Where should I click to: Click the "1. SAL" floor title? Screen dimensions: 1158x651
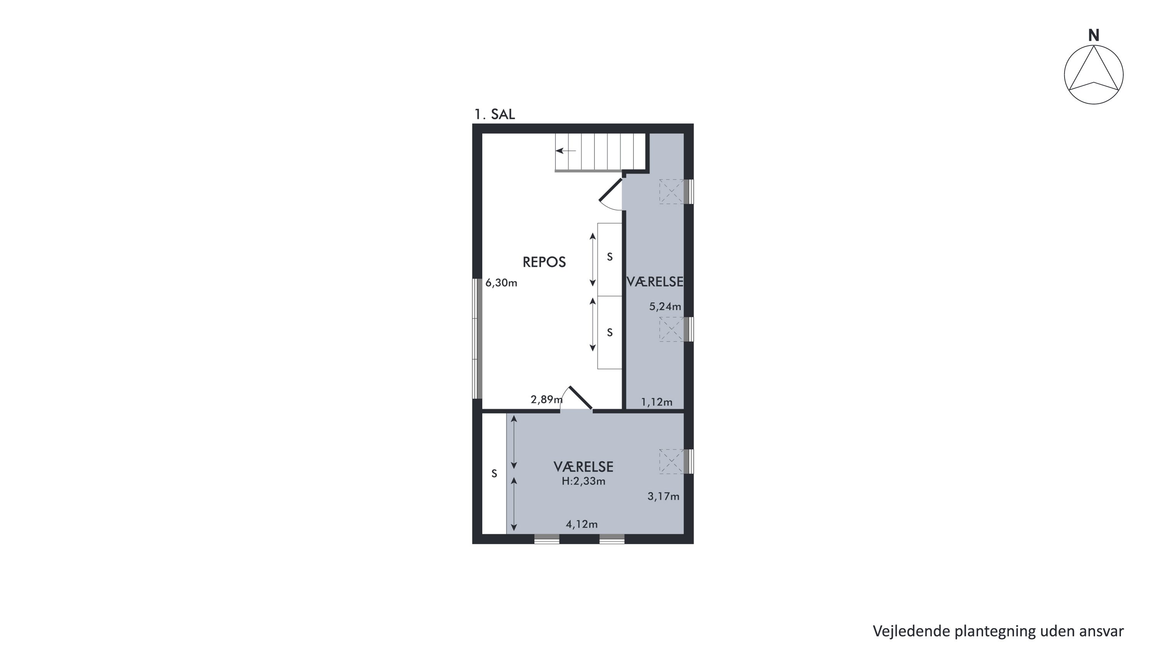(494, 114)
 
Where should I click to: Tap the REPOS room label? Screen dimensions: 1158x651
(544, 262)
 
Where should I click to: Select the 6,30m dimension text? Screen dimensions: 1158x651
(501, 283)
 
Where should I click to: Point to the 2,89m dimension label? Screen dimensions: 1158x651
(547, 399)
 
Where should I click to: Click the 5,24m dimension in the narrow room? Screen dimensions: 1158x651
(665, 306)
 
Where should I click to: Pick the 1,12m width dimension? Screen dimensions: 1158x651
(656, 402)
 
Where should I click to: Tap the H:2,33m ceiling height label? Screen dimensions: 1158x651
(583, 481)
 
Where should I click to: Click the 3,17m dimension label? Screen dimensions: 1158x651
(663, 496)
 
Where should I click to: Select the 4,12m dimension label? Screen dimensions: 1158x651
(581, 524)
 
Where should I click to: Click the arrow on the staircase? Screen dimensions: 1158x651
(565, 150)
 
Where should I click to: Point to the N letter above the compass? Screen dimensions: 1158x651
(1094, 36)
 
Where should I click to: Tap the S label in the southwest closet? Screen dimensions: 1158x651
(494, 473)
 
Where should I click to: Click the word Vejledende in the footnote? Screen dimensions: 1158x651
(912, 631)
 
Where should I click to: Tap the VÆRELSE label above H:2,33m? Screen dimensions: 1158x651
(583, 467)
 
